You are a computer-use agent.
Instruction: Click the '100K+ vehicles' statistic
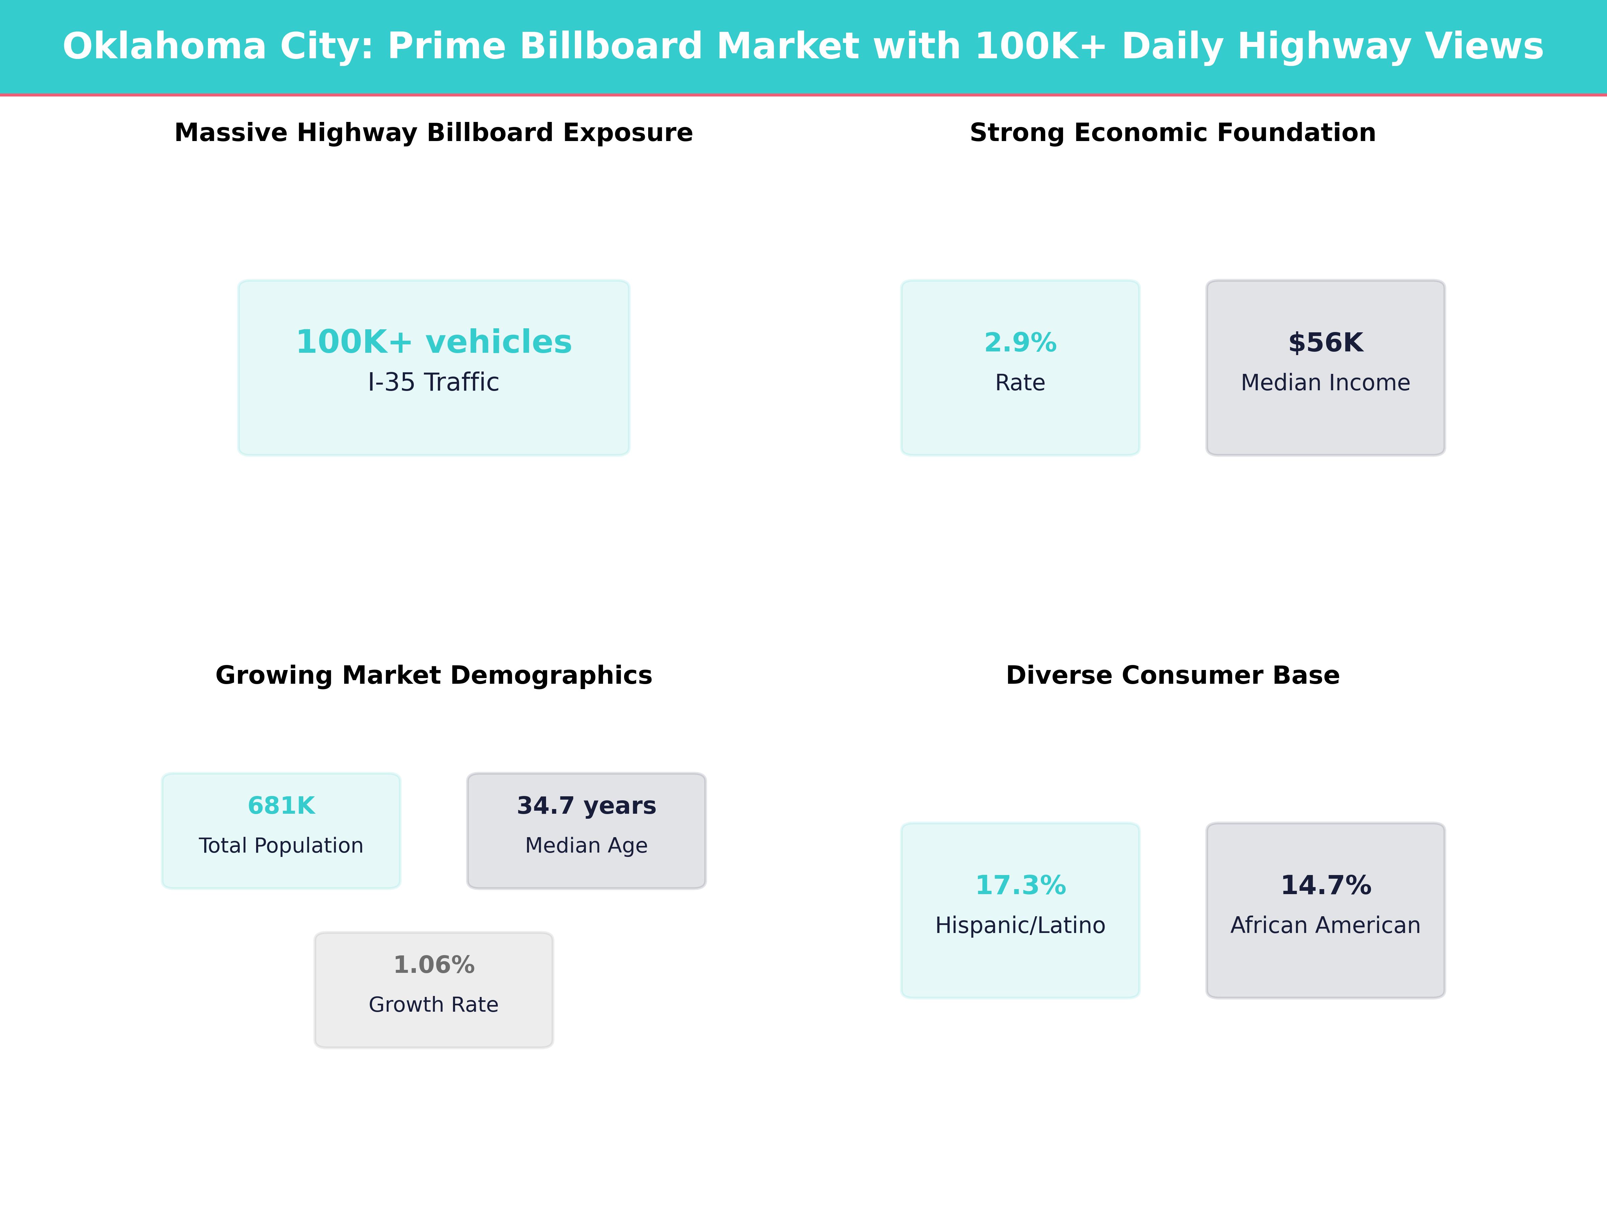pos(434,342)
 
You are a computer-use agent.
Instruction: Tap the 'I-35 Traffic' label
pos(434,382)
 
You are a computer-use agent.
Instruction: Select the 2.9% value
pos(1020,342)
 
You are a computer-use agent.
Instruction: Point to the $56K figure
pos(1325,342)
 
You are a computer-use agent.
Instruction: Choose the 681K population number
pos(281,805)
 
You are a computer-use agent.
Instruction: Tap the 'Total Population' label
pos(281,846)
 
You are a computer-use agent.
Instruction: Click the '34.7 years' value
pos(586,805)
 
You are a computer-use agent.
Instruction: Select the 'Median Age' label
pos(586,846)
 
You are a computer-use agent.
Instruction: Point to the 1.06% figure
pos(434,965)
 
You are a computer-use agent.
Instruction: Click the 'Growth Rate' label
pos(434,1005)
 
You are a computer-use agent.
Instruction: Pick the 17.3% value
pos(1020,885)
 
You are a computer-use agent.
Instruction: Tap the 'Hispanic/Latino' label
pos(1020,925)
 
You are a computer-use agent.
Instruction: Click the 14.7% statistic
pos(1325,885)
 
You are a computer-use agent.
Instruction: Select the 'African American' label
pos(1325,925)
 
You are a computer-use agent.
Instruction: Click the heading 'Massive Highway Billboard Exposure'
pos(434,133)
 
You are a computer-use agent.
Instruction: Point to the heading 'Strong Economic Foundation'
pos(1172,133)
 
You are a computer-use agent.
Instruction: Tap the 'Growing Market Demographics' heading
pos(434,675)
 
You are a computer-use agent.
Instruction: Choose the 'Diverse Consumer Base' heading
pos(1172,675)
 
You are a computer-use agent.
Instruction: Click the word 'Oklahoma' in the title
pos(165,47)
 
